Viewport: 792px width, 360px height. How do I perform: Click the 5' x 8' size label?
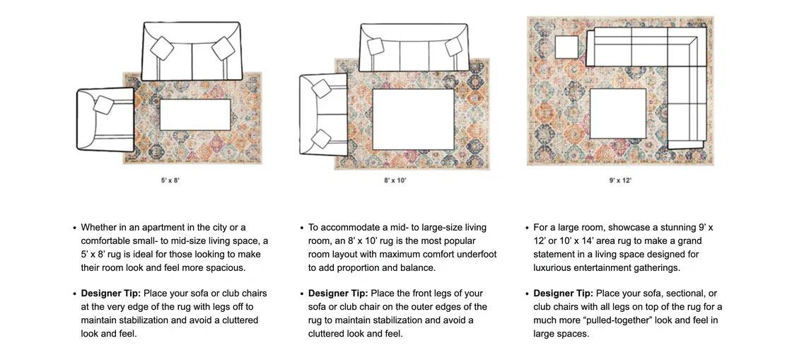[x=170, y=180]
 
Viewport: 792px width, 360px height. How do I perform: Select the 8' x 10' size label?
[x=395, y=180]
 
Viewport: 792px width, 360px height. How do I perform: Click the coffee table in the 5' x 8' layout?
[x=195, y=115]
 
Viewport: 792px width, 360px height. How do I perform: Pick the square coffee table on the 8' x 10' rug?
[x=413, y=119]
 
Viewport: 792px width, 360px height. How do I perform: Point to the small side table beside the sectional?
[x=567, y=47]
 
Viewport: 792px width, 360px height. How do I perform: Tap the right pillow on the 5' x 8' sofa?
[x=223, y=48]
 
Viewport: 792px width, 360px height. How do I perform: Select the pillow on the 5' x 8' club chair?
[x=104, y=105]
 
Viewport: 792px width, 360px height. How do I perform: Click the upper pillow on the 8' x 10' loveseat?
[x=321, y=88]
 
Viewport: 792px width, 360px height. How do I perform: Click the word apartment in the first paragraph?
[x=163, y=228]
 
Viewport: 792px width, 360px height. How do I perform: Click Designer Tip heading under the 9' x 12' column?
[x=563, y=294]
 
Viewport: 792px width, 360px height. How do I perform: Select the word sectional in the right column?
[x=682, y=294]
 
